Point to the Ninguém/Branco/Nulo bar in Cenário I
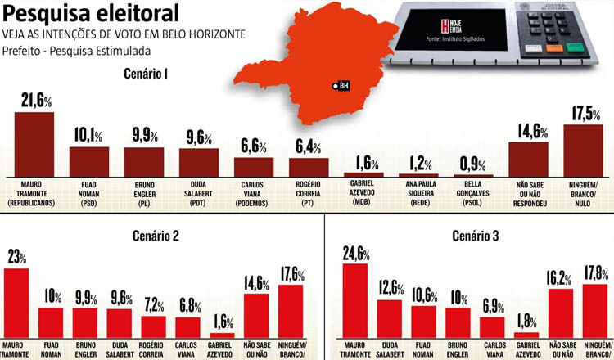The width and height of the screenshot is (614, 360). coord(584,149)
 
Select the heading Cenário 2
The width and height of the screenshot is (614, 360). coord(155,236)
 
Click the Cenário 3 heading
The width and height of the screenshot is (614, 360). coord(475,236)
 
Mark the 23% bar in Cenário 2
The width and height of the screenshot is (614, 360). coord(16,299)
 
